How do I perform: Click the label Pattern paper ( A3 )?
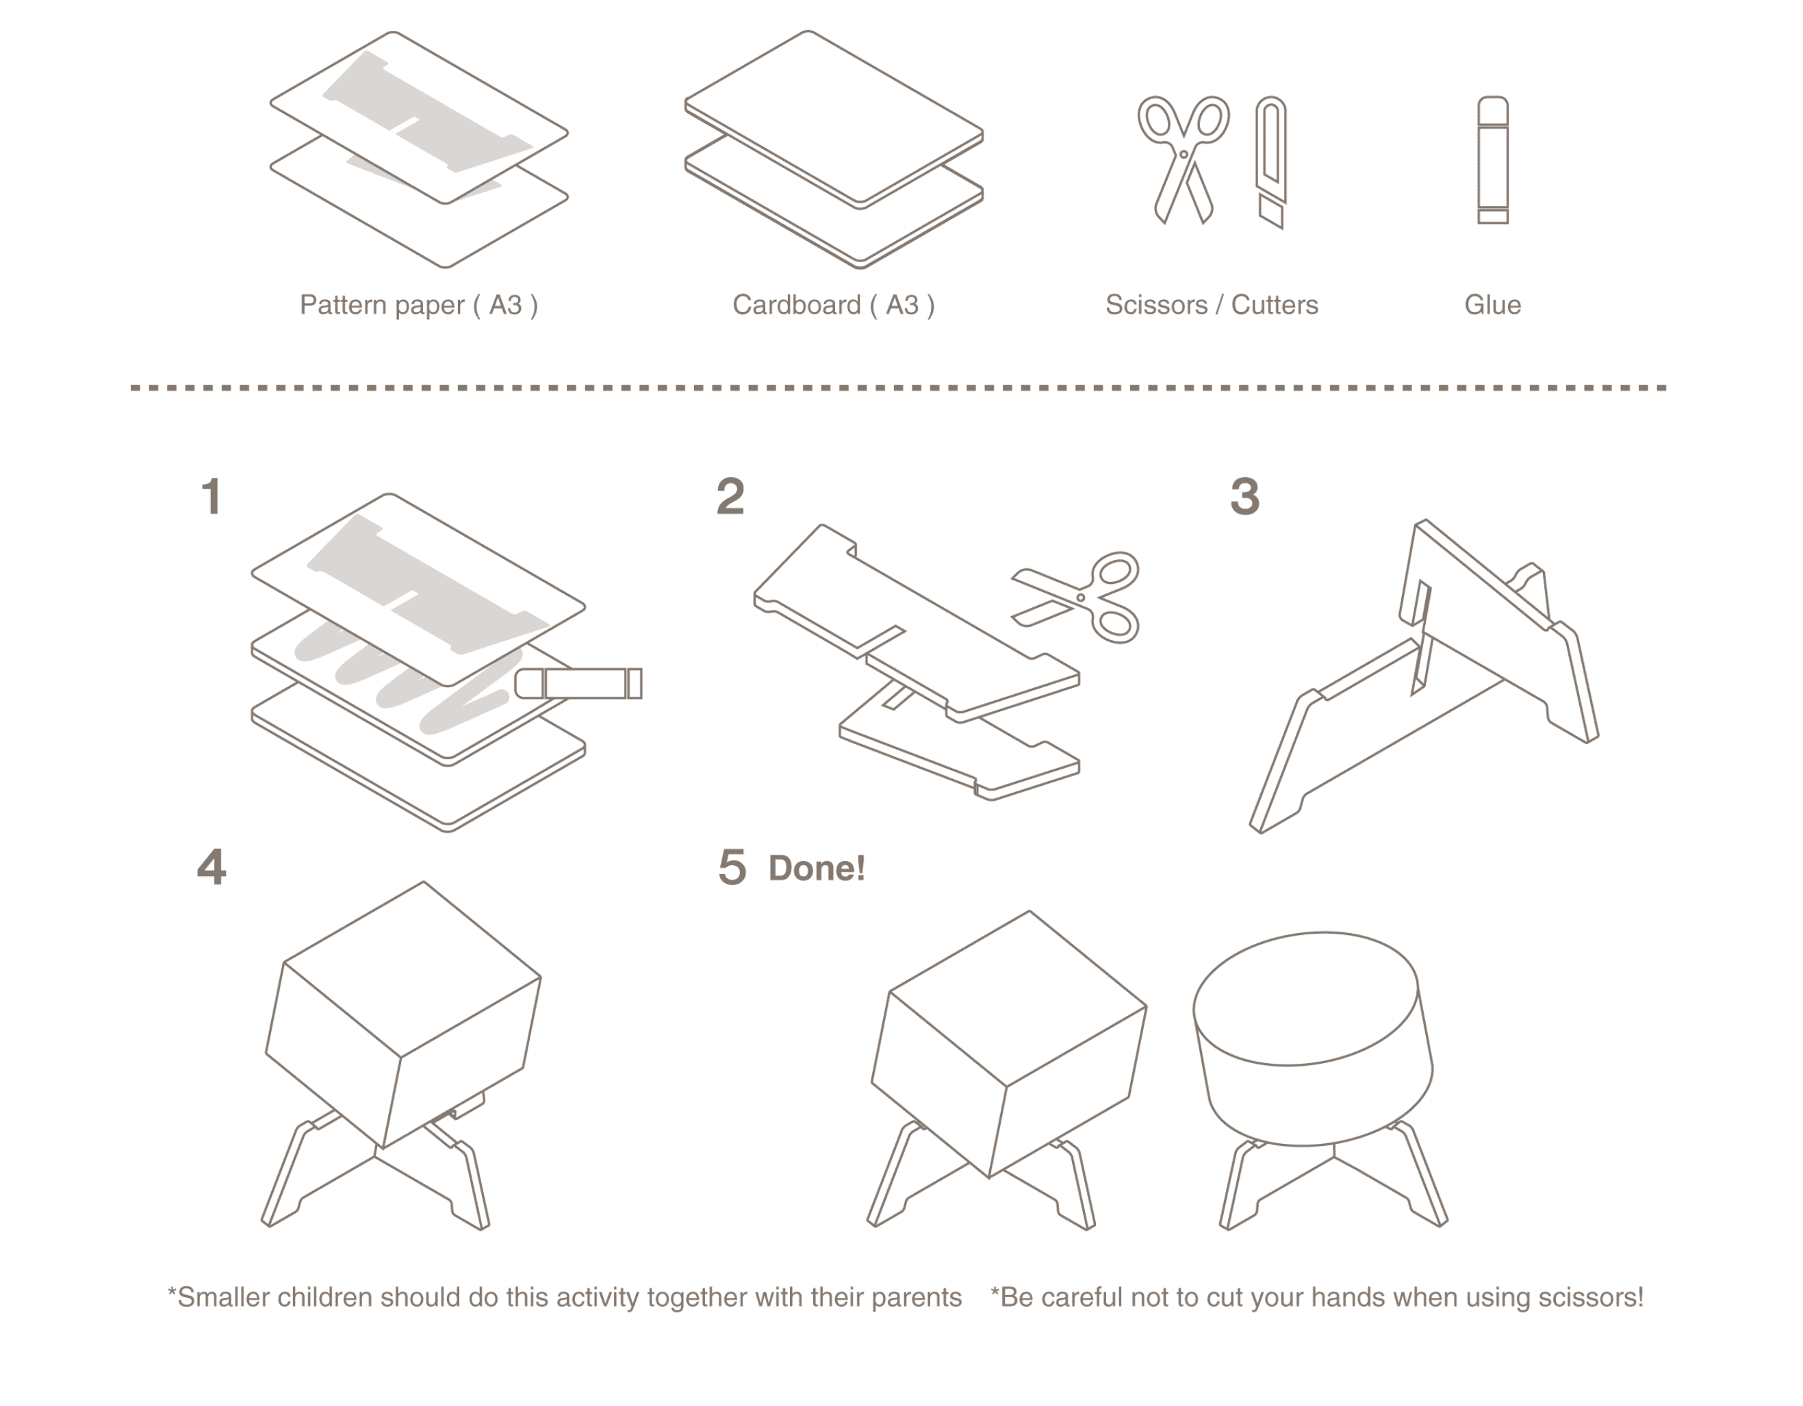pyautogui.click(x=418, y=305)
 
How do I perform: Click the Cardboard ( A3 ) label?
pyautogui.click(x=833, y=305)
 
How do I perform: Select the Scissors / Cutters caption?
pyautogui.click(x=1211, y=305)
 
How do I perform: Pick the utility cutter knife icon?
pyautogui.click(x=1271, y=161)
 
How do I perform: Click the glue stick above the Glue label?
pyautogui.click(x=1493, y=160)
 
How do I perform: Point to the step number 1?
pyautogui.click(x=212, y=497)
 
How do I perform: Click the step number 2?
pyautogui.click(x=730, y=497)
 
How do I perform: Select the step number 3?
pyautogui.click(x=1245, y=497)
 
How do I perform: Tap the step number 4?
pyautogui.click(x=212, y=869)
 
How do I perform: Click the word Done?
pyautogui.click(x=817, y=869)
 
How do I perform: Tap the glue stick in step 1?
pyautogui.click(x=578, y=684)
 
